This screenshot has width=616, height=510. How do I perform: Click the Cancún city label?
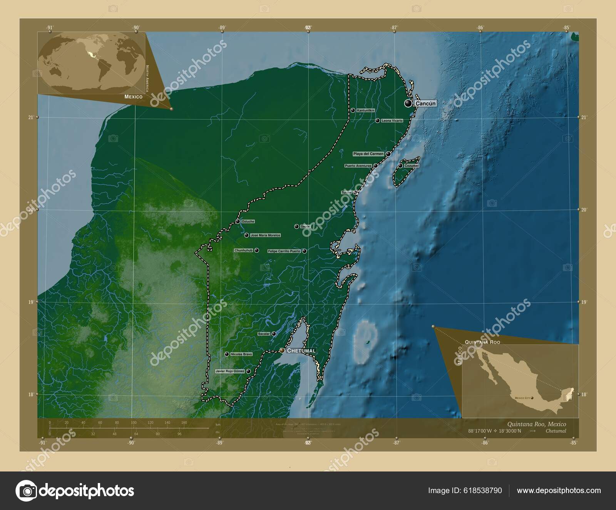[x=425, y=104]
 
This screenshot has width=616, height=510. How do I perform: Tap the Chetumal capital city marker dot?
[x=282, y=351]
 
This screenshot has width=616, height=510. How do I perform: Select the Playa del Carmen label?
[x=368, y=154]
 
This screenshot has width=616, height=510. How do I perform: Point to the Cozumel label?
[x=411, y=166]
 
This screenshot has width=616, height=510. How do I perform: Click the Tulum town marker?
[x=355, y=192]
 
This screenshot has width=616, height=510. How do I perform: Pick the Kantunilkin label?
[x=366, y=110]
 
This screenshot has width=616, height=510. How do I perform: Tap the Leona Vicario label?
[x=392, y=121]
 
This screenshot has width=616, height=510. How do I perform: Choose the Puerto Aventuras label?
[x=358, y=166]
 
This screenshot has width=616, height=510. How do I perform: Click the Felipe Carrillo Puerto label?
[x=284, y=251]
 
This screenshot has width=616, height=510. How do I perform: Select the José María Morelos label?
[x=265, y=235]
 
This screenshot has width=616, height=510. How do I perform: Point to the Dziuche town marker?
[x=238, y=221]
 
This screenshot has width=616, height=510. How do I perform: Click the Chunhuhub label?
[x=244, y=250]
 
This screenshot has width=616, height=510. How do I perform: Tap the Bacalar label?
[x=264, y=334]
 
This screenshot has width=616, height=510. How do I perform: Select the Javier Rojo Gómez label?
[x=230, y=371]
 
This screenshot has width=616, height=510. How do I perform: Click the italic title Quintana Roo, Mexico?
[x=537, y=424]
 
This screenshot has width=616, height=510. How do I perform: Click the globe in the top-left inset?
[x=91, y=63]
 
